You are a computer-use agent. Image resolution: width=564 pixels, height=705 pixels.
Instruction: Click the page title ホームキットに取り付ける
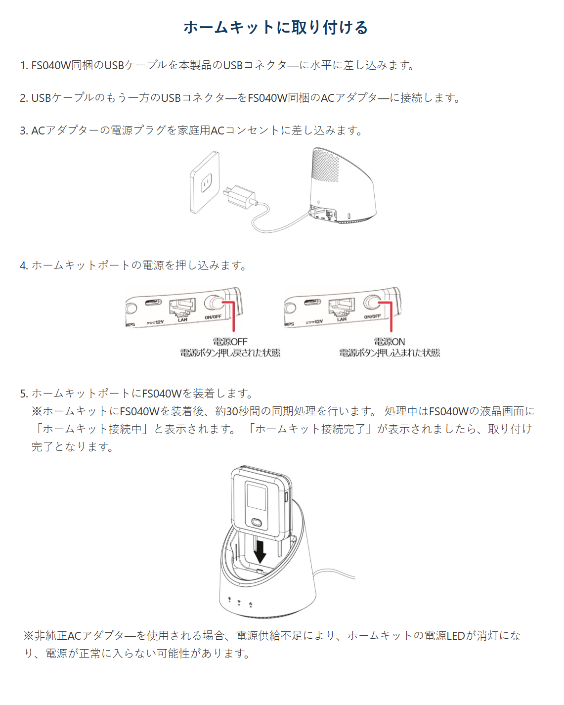276,27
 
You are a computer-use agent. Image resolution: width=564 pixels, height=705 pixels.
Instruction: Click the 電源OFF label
230,342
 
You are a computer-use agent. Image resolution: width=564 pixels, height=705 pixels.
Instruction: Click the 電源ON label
389,342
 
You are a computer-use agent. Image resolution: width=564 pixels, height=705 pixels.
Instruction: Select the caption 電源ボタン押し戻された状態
230,353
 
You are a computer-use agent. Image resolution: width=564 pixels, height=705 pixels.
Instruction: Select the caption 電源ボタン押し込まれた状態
389,353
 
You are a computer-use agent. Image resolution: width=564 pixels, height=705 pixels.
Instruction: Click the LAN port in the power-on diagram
341,308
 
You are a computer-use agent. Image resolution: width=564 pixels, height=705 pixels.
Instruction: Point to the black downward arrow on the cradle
260,551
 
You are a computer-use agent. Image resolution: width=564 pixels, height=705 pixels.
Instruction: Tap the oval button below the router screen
257,523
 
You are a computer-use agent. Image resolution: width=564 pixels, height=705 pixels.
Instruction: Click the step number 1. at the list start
24,66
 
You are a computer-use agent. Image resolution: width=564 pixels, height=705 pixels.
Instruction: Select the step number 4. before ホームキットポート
24,266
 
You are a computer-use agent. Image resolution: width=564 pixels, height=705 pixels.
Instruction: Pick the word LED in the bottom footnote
455,636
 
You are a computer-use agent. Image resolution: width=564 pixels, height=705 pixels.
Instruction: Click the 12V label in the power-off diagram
158,322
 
